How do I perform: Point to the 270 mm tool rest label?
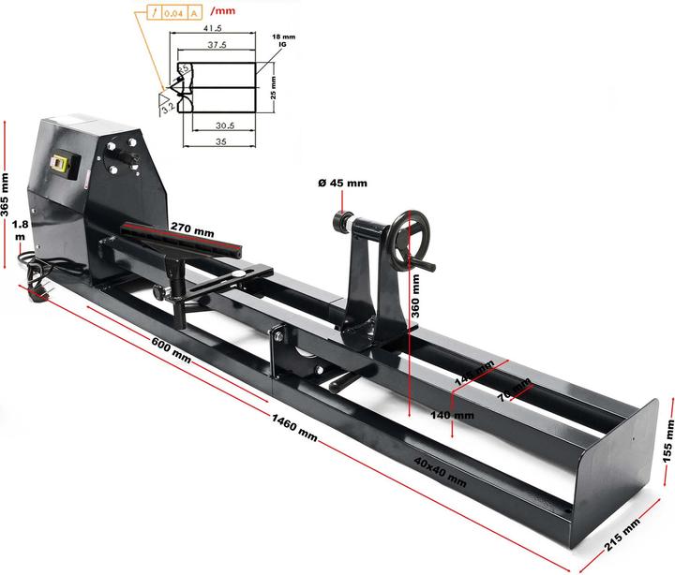[x=192, y=229]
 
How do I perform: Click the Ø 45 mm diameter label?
[x=343, y=184]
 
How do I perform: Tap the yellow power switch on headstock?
[x=64, y=163]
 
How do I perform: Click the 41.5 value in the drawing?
[x=211, y=28]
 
